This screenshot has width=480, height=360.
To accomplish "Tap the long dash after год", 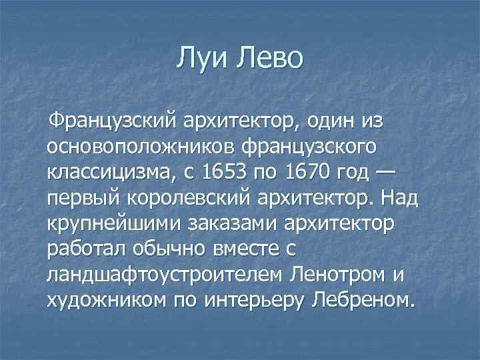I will point(385,173).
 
